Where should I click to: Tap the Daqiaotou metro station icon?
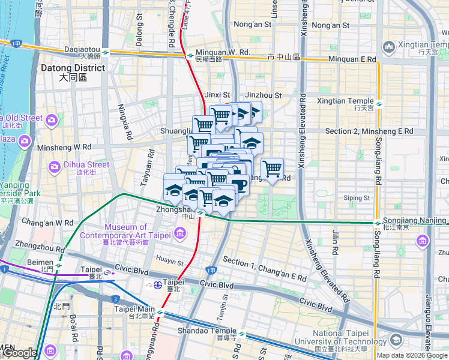106,53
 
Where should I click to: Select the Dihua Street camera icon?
55,165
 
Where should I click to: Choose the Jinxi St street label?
217,95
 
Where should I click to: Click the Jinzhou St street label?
264,95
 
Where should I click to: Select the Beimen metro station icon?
59,264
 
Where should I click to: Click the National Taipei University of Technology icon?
396,341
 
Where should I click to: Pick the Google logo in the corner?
19,353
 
